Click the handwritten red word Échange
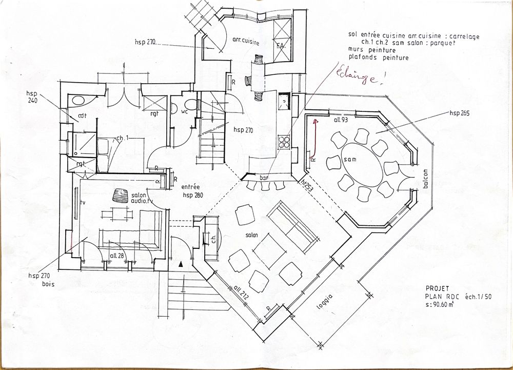tap(359, 77)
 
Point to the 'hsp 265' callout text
tap(460, 112)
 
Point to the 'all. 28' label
tap(117, 255)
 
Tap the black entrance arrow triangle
tap(181, 264)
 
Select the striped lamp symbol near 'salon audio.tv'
tap(121, 196)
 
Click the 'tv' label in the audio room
tap(82, 202)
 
